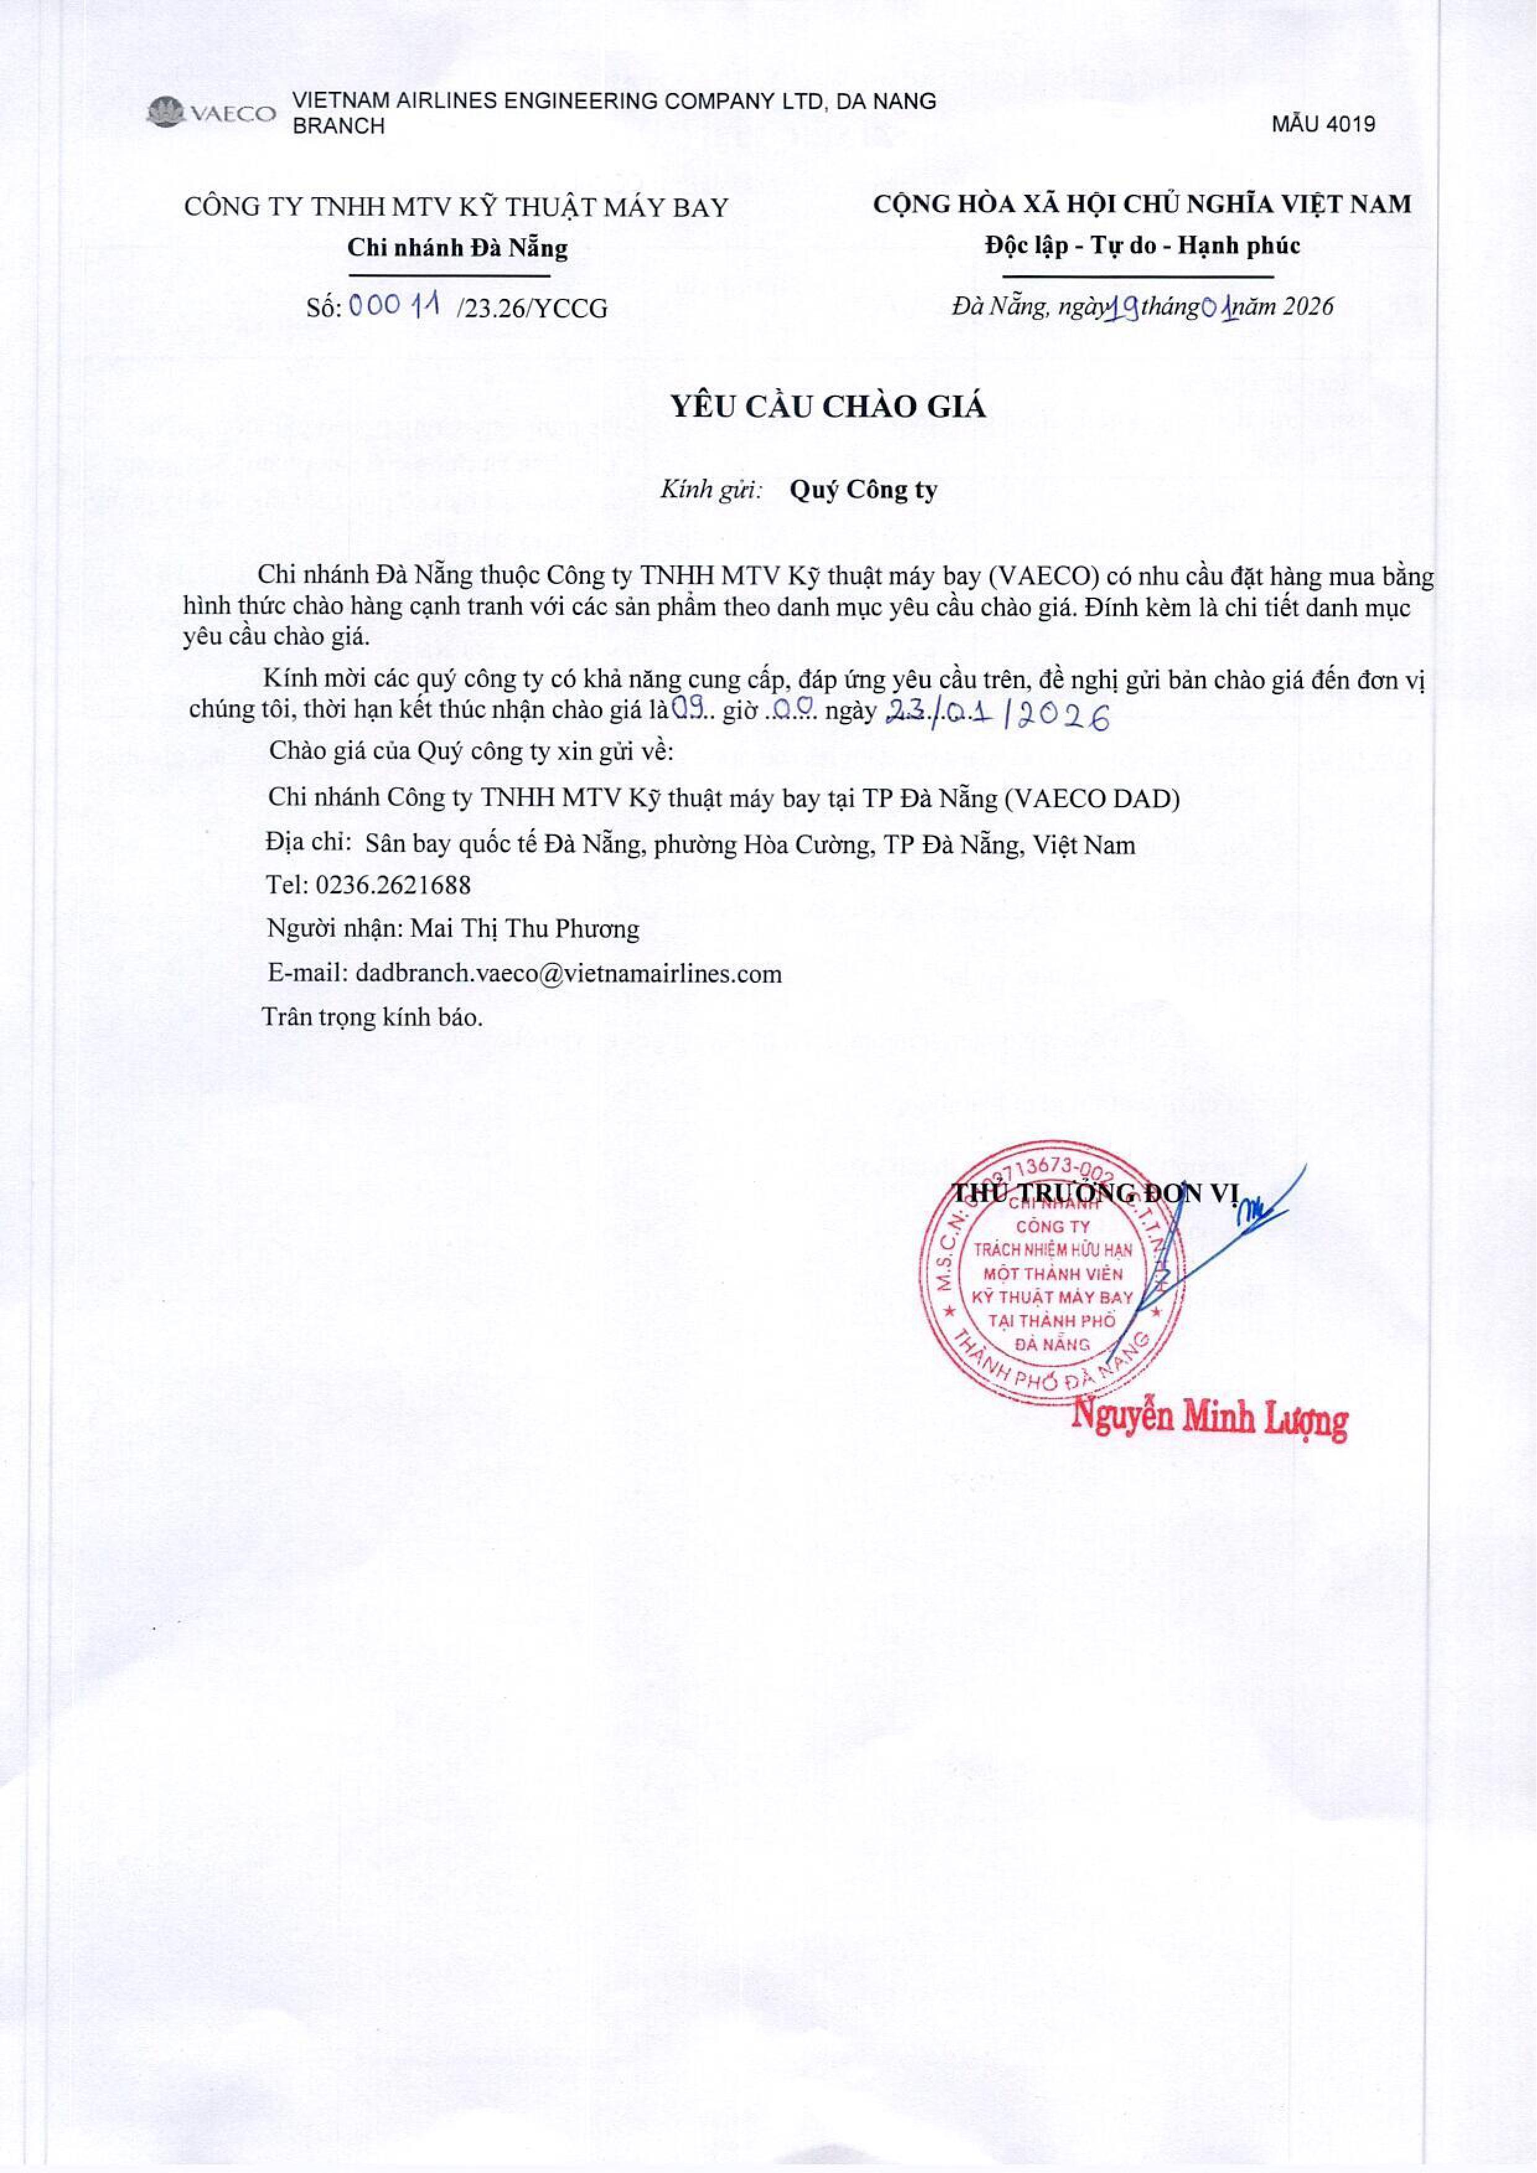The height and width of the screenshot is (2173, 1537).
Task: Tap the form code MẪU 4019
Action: [x=1323, y=124]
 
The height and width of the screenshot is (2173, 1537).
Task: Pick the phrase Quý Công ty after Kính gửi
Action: [x=863, y=490]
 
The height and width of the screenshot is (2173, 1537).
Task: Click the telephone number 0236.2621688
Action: [x=393, y=885]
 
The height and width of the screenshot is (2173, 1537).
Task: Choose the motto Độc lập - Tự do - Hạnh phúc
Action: [x=1142, y=246]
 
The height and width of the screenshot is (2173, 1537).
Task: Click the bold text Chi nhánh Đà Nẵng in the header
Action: [x=457, y=248]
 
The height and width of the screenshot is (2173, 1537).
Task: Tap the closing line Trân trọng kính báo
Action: [x=372, y=1018]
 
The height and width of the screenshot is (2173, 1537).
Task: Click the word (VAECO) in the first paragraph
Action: [x=1049, y=576]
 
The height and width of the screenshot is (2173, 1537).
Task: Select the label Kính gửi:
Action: [x=711, y=490]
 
